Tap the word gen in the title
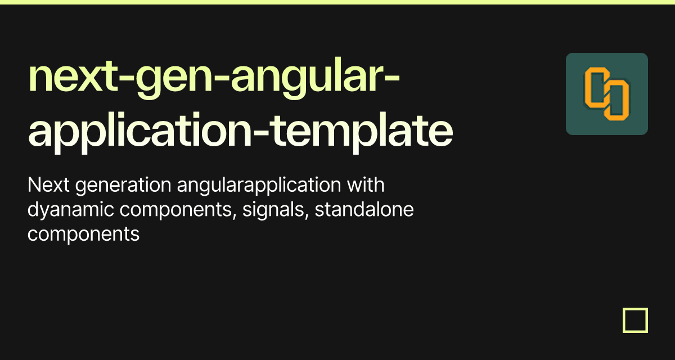point(173,80)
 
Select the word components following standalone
point(83,234)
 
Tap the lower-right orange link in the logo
point(617,101)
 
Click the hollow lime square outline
point(635,320)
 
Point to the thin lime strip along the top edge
point(337,2)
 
